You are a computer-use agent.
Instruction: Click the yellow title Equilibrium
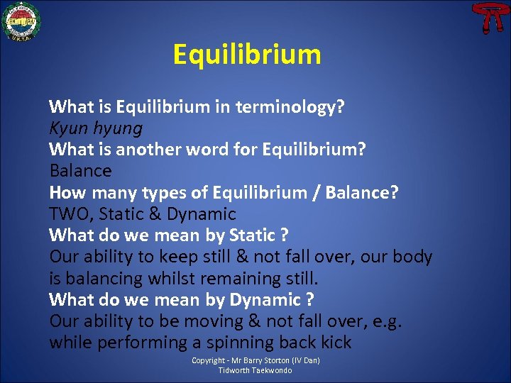[247, 55]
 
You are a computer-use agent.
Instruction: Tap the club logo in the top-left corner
[21, 21]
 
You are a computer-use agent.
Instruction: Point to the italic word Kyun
[67, 129]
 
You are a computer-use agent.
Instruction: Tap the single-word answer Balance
[80, 171]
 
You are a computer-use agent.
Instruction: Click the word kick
[335, 343]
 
